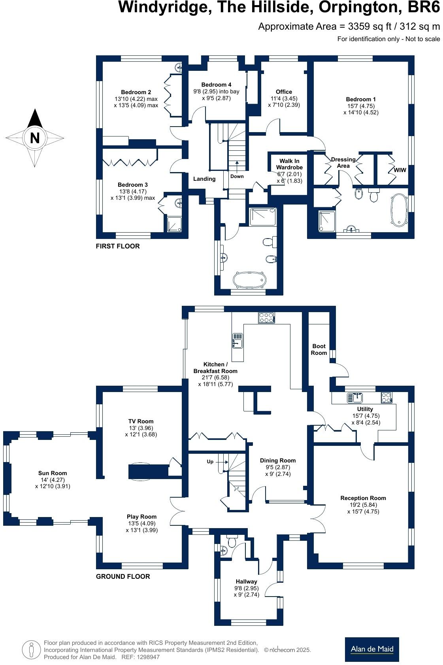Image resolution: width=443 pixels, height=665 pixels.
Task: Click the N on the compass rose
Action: tap(35, 138)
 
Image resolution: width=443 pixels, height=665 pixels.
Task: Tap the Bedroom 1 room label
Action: tap(360, 99)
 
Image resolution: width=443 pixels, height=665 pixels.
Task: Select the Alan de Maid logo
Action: tap(371, 649)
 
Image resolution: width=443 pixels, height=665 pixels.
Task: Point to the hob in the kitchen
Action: tap(266, 317)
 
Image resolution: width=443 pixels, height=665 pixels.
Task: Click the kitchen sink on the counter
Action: tap(238, 341)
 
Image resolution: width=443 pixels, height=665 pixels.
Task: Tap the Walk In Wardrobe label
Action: tap(289, 164)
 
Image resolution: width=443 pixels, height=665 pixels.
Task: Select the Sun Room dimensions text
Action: tap(53, 483)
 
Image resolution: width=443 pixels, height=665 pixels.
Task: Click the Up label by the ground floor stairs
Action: tap(210, 462)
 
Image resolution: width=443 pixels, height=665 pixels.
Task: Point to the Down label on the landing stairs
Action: tap(237, 176)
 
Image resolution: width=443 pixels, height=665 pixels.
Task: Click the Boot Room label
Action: tap(319, 349)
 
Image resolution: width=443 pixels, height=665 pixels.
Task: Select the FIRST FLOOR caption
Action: tap(118, 246)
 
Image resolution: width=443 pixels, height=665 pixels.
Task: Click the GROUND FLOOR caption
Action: tap(123, 576)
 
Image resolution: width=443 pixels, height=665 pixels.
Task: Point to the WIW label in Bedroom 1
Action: tap(400, 170)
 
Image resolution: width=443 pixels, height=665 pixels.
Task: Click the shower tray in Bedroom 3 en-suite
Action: tap(174, 224)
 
